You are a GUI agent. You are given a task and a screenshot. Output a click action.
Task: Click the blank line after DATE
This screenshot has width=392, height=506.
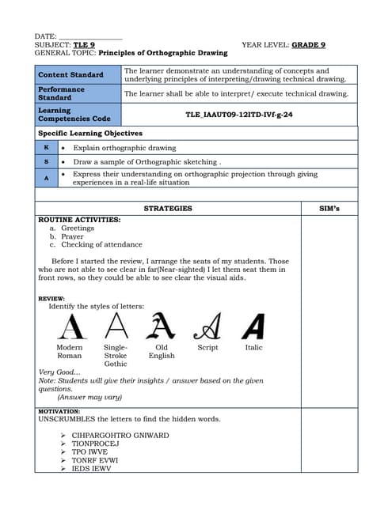(90, 36)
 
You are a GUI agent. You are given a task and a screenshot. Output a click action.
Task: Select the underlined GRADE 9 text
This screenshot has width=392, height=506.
(309, 45)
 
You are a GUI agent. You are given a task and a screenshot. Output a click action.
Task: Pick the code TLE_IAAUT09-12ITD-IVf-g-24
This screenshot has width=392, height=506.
(239, 115)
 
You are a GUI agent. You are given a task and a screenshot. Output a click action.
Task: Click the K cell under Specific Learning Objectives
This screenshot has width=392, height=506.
(47, 148)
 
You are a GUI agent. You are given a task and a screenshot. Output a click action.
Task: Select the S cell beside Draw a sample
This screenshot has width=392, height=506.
(47, 161)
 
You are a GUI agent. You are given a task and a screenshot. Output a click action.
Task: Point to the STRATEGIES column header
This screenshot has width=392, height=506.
(168, 209)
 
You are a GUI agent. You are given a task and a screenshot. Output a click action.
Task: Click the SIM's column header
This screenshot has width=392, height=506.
(329, 209)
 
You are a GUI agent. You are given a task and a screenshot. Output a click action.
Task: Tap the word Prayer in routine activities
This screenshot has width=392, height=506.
(72, 236)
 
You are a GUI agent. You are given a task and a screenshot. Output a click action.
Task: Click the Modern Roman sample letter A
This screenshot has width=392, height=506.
(71, 326)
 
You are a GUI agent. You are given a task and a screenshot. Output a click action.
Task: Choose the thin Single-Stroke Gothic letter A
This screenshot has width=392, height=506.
(116, 325)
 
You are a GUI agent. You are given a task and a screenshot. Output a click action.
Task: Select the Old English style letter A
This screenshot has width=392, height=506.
(162, 326)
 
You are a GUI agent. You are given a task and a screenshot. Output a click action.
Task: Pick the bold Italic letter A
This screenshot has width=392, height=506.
(253, 326)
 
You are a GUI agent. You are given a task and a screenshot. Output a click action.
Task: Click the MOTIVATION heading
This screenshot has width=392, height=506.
(59, 411)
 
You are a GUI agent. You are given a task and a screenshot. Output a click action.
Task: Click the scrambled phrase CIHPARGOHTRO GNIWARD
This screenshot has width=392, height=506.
(120, 436)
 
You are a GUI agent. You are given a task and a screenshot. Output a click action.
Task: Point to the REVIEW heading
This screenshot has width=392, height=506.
(51, 298)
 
